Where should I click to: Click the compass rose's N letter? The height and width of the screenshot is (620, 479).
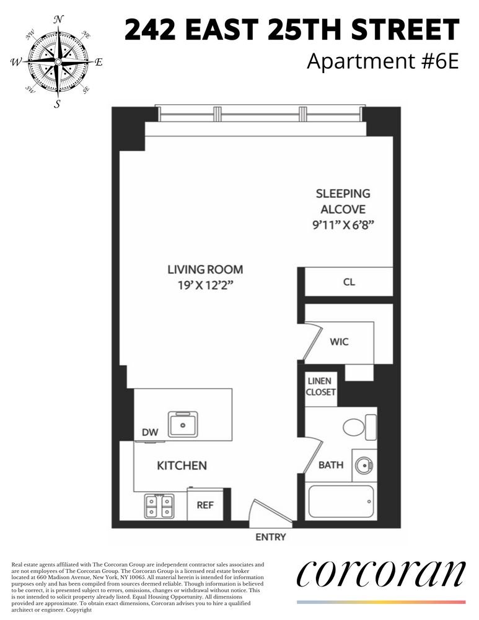(x=58, y=19)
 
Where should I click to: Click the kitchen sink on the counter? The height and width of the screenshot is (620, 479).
(x=183, y=424)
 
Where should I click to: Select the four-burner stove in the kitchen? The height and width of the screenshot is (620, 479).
(x=159, y=506)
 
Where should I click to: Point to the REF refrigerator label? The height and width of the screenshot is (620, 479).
(x=205, y=505)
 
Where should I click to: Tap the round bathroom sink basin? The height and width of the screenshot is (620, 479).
(x=363, y=465)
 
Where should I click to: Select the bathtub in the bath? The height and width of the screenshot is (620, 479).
(x=341, y=502)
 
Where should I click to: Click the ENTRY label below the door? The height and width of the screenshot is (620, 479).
(x=271, y=537)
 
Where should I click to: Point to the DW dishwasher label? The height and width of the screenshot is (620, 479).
(x=150, y=432)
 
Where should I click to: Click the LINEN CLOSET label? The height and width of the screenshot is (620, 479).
(x=320, y=387)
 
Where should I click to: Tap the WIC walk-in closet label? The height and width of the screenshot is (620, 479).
(x=339, y=342)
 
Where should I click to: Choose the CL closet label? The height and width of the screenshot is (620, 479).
(x=349, y=282)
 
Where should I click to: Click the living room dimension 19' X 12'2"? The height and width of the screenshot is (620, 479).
(x=204, y=285)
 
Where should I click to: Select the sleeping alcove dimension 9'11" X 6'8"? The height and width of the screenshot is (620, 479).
(x=343, y=225)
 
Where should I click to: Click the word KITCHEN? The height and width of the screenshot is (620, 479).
(x=182, y=466)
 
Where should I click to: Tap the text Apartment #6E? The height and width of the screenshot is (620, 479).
(x=382, y=61)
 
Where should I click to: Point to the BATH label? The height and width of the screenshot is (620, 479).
(x=331, y=465)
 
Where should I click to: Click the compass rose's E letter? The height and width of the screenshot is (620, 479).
(x=99, y=62)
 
